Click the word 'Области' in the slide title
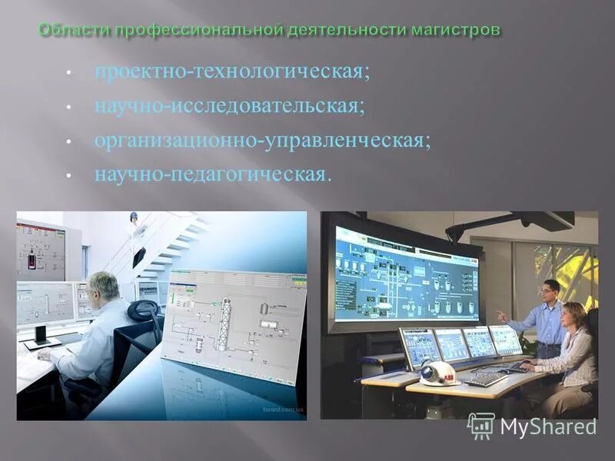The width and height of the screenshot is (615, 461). pyautogui.click(x=74, y=30)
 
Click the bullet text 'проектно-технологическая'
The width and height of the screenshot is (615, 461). pyautogui.click(x=231, y=71)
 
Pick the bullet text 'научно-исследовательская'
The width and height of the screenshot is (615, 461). pyautogui.click(x=229, y=106)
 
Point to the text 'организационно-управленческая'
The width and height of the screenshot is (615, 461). pyautogui.click(x=261, y=141)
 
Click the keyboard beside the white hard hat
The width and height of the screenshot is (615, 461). pyautogui.click(x=486, y=378)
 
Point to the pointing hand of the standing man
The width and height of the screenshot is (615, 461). pyautogui.click(x=500, y=314)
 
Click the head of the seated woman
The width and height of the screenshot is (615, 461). pyautogui.click(x=574, y=314)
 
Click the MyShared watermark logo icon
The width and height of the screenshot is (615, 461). pyautogui.click(x=481, y=426)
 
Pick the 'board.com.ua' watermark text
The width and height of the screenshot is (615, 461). pyautogui.click(x=284, y=410)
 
